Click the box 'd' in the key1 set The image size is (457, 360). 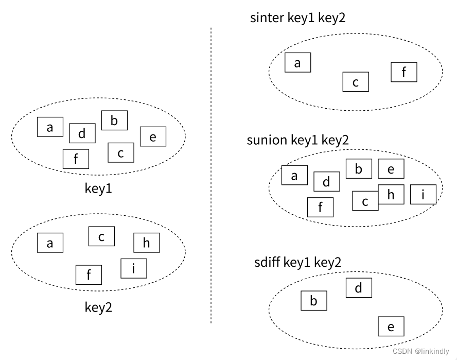[82, 133]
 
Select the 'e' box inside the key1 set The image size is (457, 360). [153, 136]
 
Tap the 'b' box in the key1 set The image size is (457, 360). [114, 121]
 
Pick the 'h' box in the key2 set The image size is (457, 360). [147, 243]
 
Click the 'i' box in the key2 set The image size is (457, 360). [134, 268]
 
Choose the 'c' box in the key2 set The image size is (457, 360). [101, 236]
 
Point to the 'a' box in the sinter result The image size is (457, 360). [298, 63]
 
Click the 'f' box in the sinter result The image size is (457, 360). [404, 72]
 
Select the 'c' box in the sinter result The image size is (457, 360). [356, 82]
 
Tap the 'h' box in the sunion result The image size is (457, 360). [391, 194]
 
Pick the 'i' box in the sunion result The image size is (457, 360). [423, 194]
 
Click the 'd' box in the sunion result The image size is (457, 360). [327, 181]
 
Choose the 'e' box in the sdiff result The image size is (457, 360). [391, 327]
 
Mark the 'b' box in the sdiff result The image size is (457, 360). [314, 301]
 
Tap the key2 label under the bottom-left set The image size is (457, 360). [98, 307]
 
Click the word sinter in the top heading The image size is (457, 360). [267, 18]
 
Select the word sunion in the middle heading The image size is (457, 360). [267, 140]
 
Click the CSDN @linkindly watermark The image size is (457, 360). [420, 351]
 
